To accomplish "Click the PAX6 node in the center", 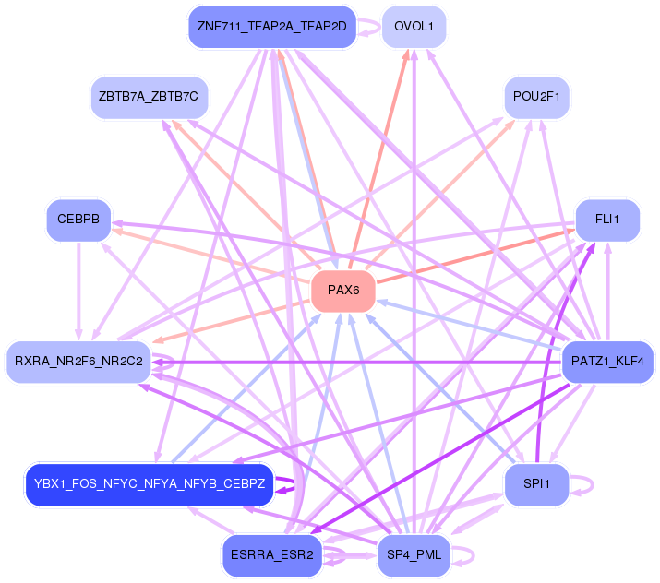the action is click(342, 291).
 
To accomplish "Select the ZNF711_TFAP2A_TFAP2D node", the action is click(271, 26).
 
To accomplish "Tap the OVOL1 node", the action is click(414, 26).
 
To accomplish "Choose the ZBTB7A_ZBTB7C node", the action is click(149, 96).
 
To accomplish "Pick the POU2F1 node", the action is click(536, 96).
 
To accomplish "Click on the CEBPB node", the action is click(78, 220).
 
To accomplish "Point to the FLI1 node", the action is click(606, 220).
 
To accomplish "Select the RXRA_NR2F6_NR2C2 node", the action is click(78, 361).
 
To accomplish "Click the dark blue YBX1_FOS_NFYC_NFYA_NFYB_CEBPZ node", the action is click(148, 484).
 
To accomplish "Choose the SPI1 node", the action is click(536, 484).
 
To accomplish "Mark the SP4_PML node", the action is click(414, 555).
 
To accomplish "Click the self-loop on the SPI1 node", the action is click(583, 484).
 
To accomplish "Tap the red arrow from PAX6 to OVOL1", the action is click(382, 157).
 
